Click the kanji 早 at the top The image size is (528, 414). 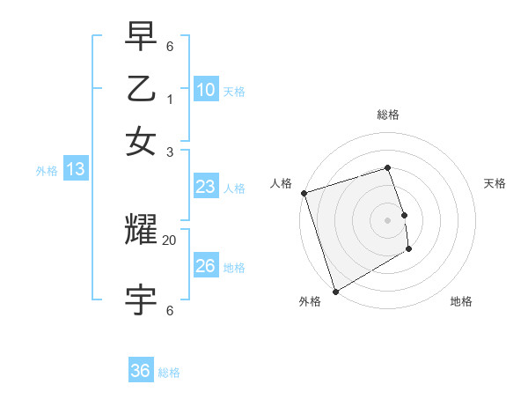tap(141, 34)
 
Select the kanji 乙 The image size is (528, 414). tap(141, 89)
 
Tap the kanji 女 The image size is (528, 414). tap(141, 142)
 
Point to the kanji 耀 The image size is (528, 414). tap(141, 231)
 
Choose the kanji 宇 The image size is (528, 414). tap(141, 299)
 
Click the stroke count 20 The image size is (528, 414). tap(170, 240)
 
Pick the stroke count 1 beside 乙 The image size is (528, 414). tap(170, 100)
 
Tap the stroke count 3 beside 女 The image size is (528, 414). tap(170, 152)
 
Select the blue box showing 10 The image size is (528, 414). tap(206, 90)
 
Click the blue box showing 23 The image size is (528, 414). tap(206, 187)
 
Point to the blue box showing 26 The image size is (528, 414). tap(206, 266)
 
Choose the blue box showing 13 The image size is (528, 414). tap(75, 170)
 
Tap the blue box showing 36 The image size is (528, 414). tap(141, 371)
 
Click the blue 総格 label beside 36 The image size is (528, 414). tap(169, 373)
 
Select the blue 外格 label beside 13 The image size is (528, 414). tap(46, 171)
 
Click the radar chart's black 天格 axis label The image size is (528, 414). tap(495, 183)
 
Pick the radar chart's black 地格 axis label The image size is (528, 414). tap(461, 301)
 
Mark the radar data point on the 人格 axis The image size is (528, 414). tap(304, 193)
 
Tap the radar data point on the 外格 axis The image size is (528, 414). tap(335, 291)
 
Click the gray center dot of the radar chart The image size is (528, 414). tap(387, 219)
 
